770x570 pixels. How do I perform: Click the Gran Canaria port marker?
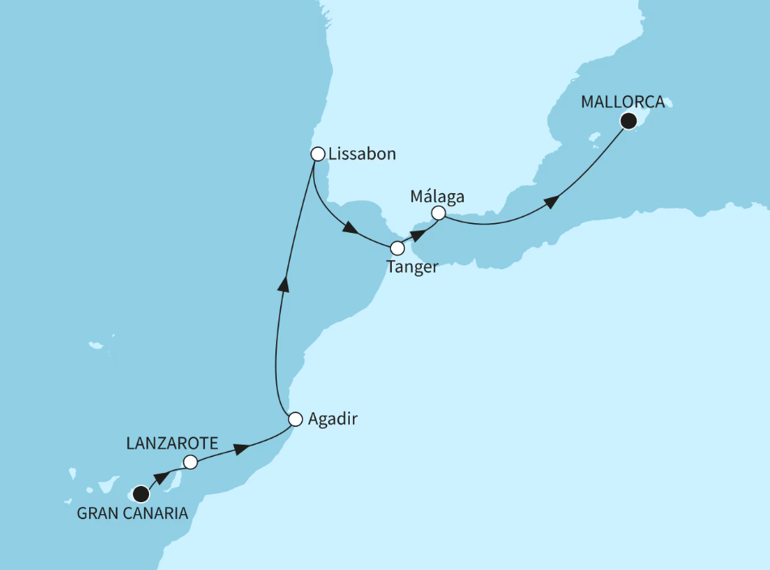pyautogui.click(x=142, y=493)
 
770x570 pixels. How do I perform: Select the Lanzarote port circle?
pyautogui.click(x=190, y=462)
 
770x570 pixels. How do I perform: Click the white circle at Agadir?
pyautogui.click(x=296, y=419)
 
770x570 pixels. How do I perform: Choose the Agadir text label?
pyautogui.click(x=333, y=420)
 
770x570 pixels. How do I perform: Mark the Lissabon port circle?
pyautogui.click(x=318, y=153)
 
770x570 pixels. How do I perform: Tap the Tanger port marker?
pyautogui.click(x=398, y=248)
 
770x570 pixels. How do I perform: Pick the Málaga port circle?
pyautogui.click(x=438, y=213)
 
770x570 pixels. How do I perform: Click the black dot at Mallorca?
pyautogui.click(x=627, y=121)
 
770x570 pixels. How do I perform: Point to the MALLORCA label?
pyautogui.click(x=623, y=102)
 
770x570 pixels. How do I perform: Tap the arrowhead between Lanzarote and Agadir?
pyautogui.click(x=240, y=447)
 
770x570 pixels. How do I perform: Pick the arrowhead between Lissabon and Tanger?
pyautogui.click(x=350, y=229)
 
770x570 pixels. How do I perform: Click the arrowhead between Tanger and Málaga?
pyautogui.click(x=418, y=234)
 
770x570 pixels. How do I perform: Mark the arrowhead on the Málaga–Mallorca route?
pyautogui.click(x=551, y=201)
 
